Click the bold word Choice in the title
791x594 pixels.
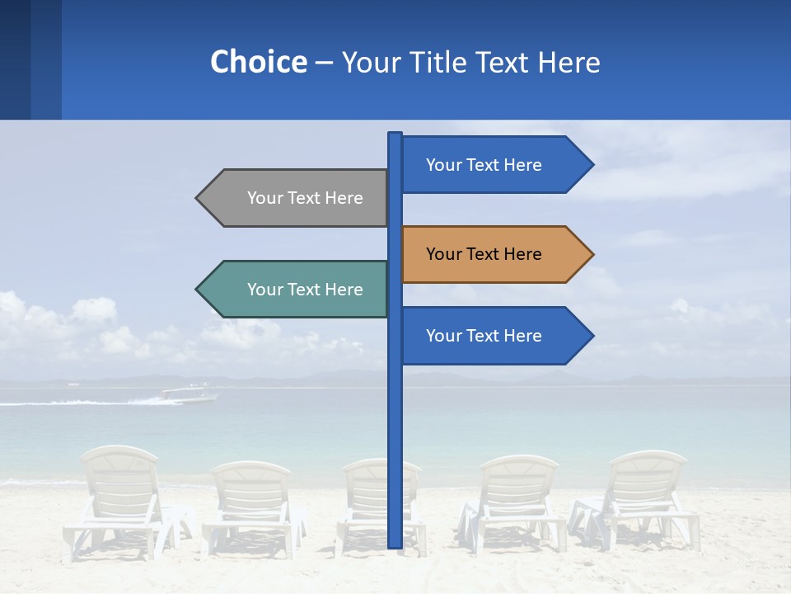click(258, 62)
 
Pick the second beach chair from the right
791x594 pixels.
click(515, 503)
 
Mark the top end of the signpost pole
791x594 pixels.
click(395, 134)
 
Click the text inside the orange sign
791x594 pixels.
click(484, 254)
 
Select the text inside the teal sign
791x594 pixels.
click(305, 290)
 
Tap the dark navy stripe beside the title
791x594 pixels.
click(15, 59)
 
